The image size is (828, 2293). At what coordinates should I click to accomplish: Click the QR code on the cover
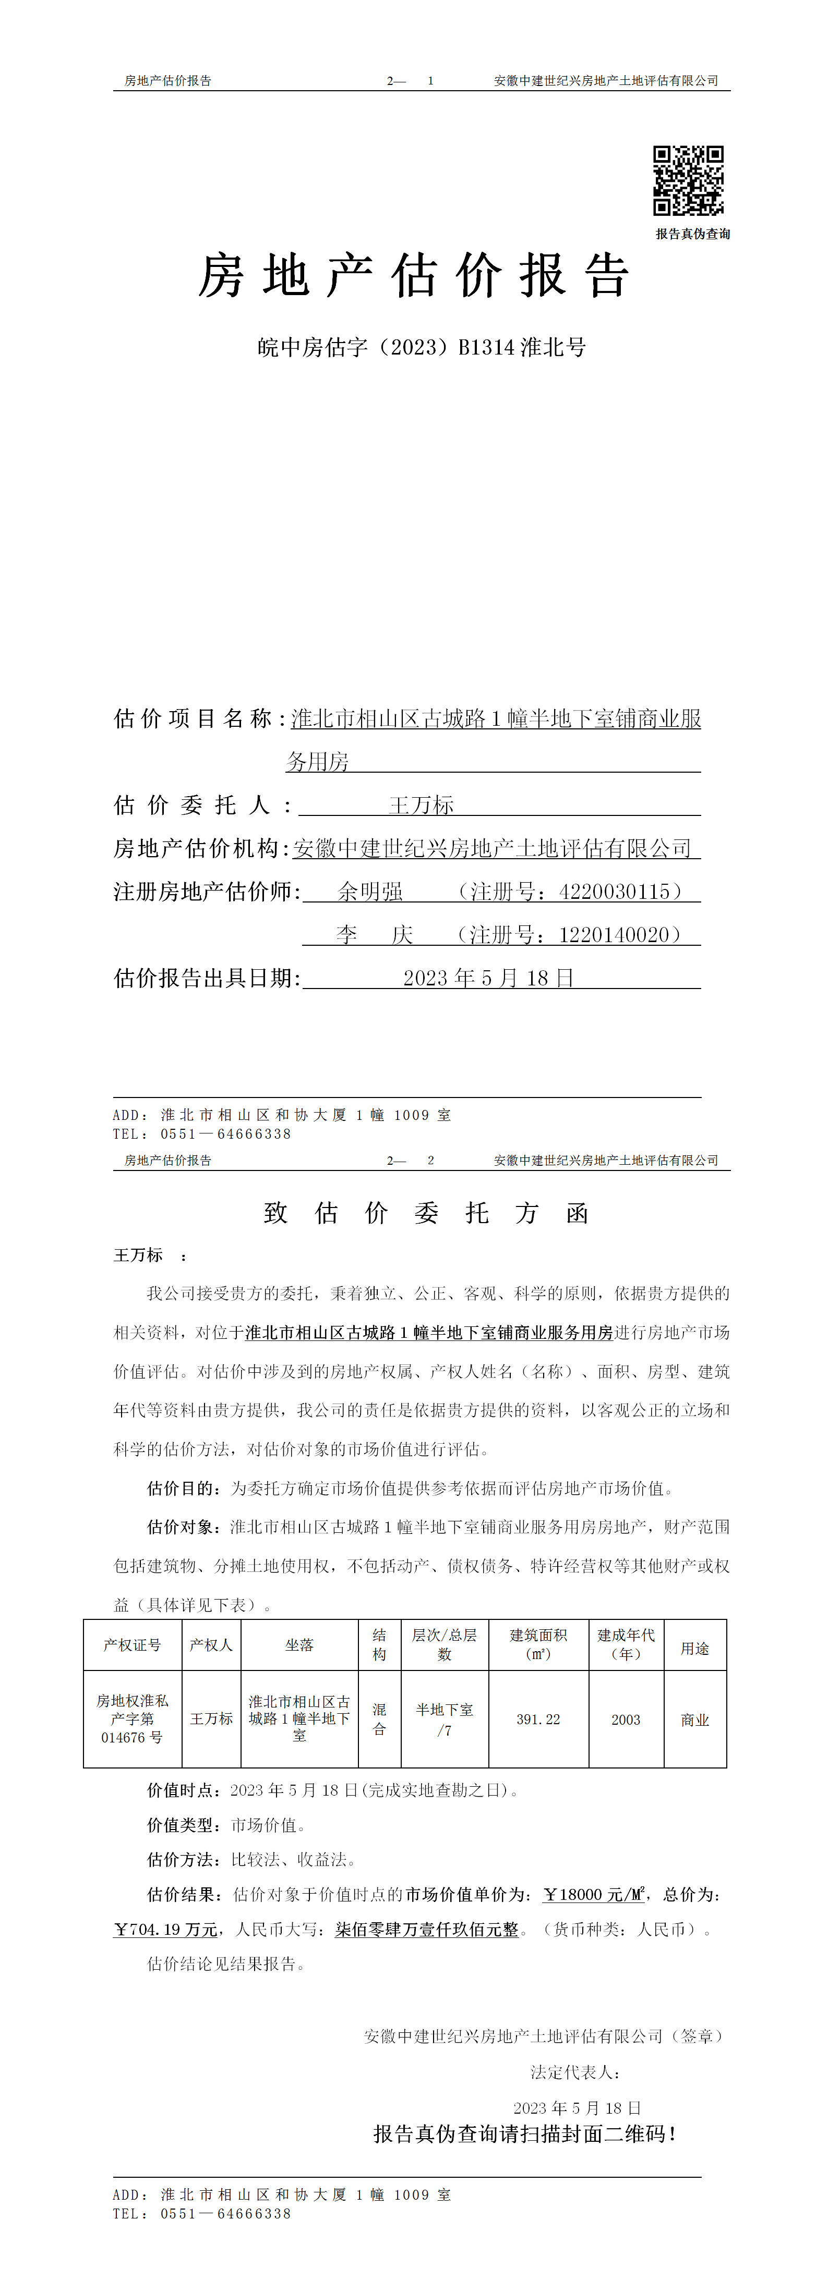click(x=688, y=181)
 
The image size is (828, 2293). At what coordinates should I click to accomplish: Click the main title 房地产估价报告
click(x=414, y=275)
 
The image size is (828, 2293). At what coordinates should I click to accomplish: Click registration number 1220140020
click(x=614, y=935)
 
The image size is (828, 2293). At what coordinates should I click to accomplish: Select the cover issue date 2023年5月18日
click(x=488, y=978)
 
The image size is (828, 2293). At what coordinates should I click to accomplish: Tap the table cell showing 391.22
click(x=538, y=1719)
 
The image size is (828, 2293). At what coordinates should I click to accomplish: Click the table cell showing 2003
click(x=626, y=1719)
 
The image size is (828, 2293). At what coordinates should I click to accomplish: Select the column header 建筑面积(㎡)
click(x=538, y=1644)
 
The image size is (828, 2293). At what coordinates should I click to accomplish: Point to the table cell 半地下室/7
click(x=445, y=1719)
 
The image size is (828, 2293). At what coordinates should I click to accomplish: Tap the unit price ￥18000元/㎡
click(x=593, y=1894)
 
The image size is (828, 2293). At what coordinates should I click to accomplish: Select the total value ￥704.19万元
click(x=165, y=1929)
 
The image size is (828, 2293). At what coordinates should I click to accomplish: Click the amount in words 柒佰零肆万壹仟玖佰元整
click(x=426, y=1929)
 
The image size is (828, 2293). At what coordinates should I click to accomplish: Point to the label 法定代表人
click(x=574, y=2072)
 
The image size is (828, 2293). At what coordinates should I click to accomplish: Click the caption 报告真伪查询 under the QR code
click(x=693, y=234)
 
